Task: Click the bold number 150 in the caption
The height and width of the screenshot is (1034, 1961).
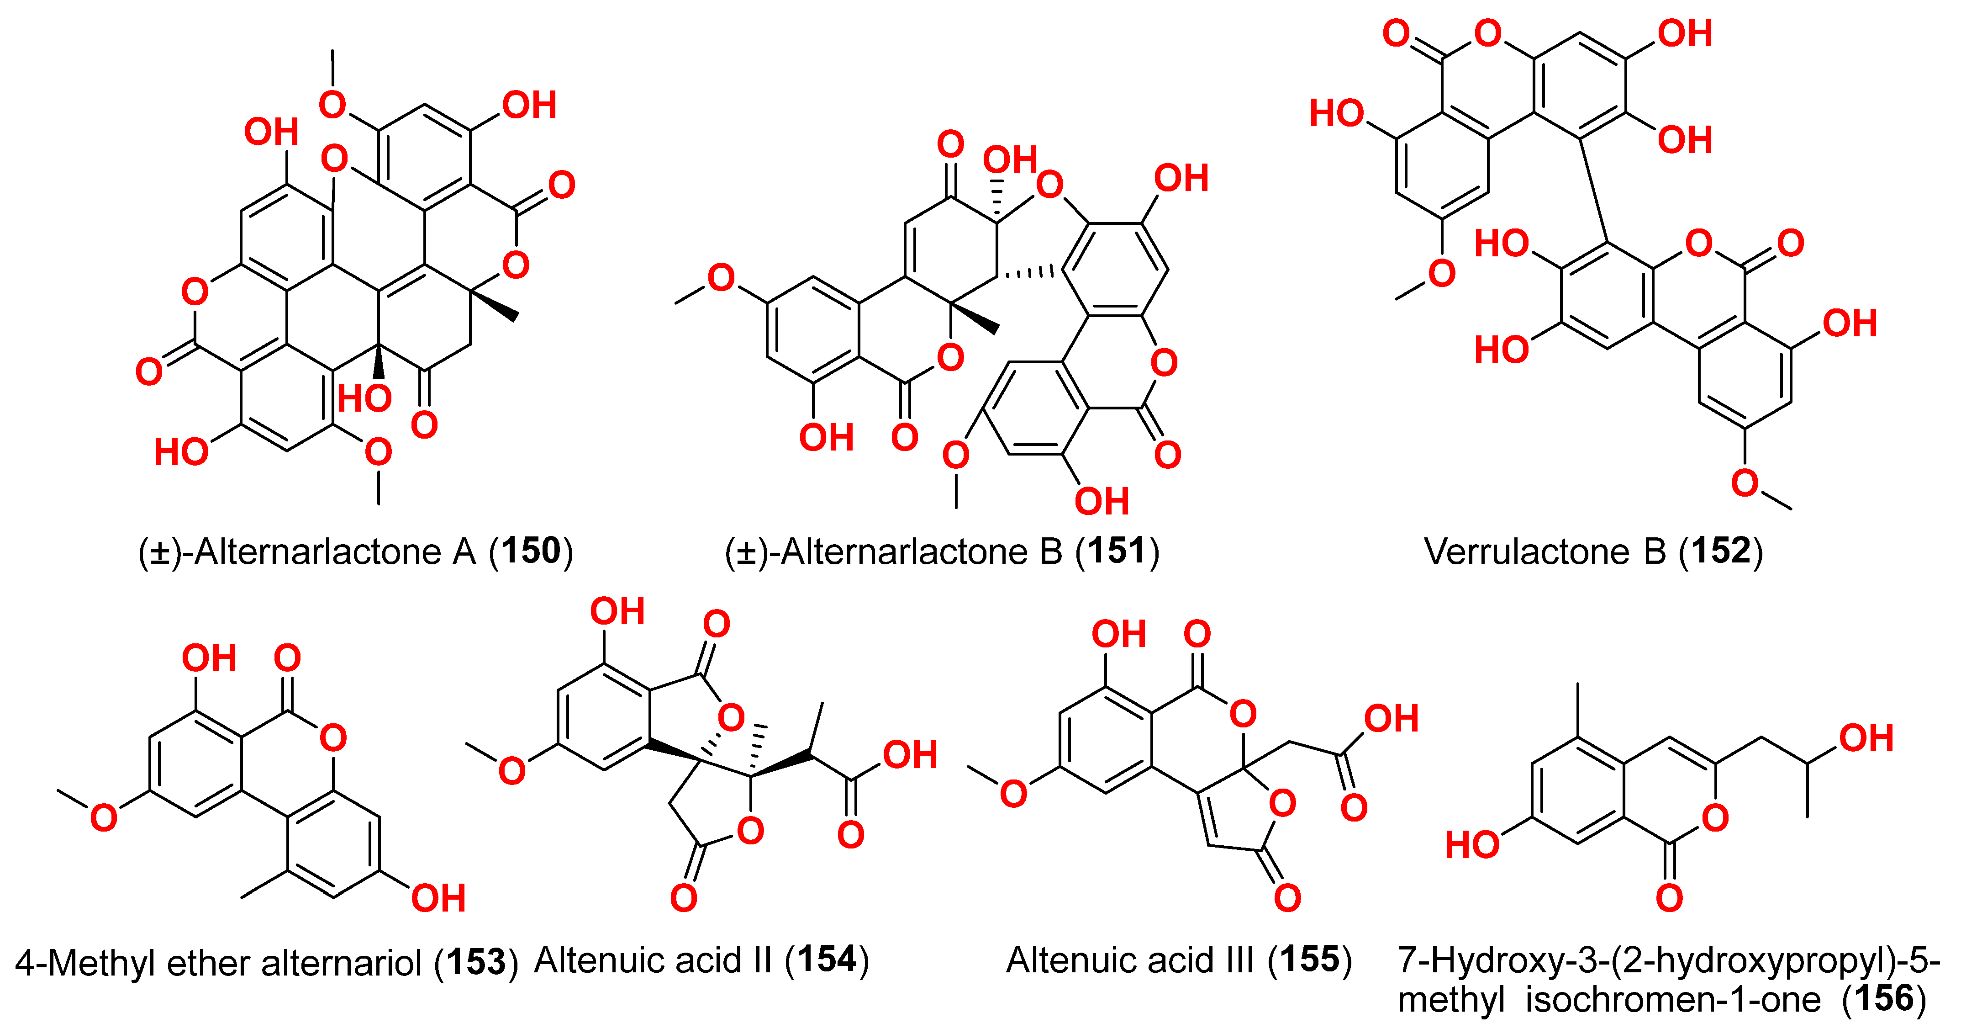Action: pos(531,551)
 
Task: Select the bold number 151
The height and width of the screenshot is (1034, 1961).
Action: pos(1117,551)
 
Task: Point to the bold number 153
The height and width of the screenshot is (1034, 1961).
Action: pos(476,962)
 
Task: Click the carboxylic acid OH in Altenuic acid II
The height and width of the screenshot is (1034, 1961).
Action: pos(910,754)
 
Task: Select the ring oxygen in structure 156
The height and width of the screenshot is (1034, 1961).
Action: pos(1715,818)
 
